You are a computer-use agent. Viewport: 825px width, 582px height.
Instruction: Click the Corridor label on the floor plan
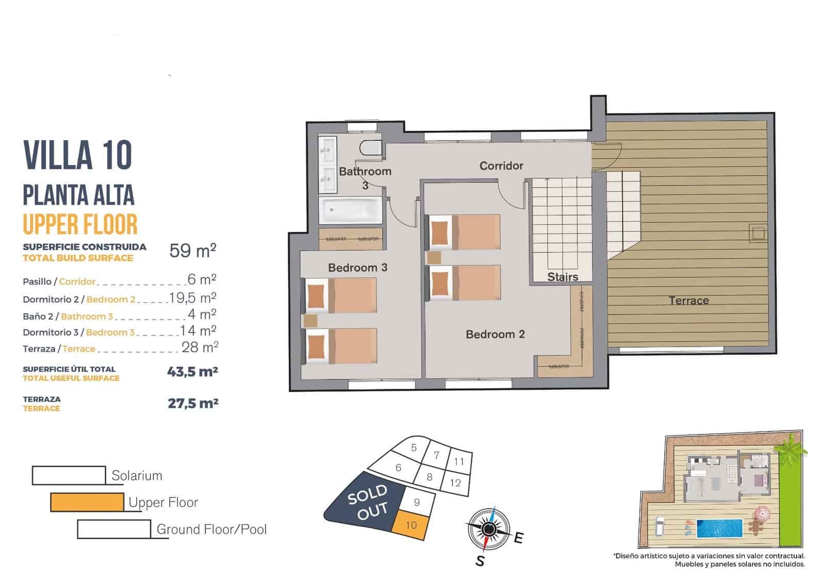point(501,166)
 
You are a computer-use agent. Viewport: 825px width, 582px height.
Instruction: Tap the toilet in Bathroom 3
point(371,148)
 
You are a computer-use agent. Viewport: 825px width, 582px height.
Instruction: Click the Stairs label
point(563,277)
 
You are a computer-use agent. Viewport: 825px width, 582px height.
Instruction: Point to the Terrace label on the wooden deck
point(689,301)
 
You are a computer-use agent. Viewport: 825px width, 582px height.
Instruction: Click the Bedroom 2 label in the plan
point(495,335)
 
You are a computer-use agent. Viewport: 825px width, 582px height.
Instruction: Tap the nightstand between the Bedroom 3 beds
point(311,321)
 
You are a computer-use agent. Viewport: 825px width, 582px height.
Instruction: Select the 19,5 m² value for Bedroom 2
point(193,298)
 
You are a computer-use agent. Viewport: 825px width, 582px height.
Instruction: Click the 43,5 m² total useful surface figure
point(192,372)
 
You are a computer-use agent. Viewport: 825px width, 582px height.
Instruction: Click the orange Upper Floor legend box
point(87,502)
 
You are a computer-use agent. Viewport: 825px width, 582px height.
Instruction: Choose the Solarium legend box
point(69,475)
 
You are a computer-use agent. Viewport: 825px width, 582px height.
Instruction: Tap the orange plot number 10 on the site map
point(411,525)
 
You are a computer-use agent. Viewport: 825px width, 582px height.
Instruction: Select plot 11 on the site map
point(459,461)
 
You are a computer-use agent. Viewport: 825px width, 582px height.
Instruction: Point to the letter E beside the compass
point(519,538)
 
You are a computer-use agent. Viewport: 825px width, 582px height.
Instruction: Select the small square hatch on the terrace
point(757,233)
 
